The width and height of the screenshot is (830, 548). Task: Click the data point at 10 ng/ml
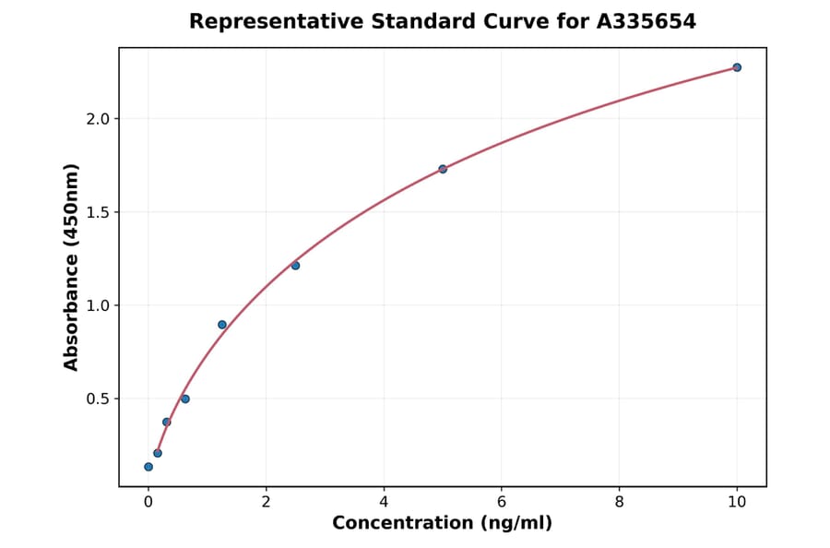point(737,67)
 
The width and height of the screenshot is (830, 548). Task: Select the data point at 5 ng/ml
point(443,169)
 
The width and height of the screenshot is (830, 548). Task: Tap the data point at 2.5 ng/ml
point(295,266)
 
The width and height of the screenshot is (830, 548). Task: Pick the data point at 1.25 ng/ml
point(222,325)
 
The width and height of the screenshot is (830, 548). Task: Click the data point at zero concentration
point(148,467)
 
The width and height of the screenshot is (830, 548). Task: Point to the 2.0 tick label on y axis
point(98,119)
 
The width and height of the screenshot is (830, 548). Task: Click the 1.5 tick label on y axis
point(98,212)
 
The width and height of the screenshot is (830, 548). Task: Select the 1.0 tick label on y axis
point(98,305)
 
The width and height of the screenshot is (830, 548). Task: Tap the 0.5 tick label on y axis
point(98,399)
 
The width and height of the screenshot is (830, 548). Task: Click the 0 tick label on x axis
point(148,502)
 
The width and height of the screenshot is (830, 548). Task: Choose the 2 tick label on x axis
point(267,502)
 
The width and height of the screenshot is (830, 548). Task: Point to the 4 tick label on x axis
point(384,502)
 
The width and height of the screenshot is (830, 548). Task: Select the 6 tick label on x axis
point(502,502)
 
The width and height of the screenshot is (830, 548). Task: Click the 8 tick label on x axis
point(619,502)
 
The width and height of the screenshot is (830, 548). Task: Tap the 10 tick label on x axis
point(737,502)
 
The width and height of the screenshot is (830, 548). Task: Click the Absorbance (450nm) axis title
point(72,267)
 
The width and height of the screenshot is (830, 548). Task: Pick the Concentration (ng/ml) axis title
point(443,523)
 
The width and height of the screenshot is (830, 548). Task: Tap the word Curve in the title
point(509,21)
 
